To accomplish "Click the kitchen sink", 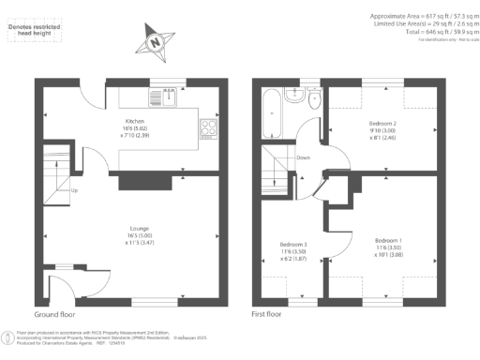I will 165,97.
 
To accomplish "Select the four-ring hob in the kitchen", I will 207,129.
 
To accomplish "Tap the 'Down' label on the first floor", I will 303,157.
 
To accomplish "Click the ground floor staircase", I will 58,175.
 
